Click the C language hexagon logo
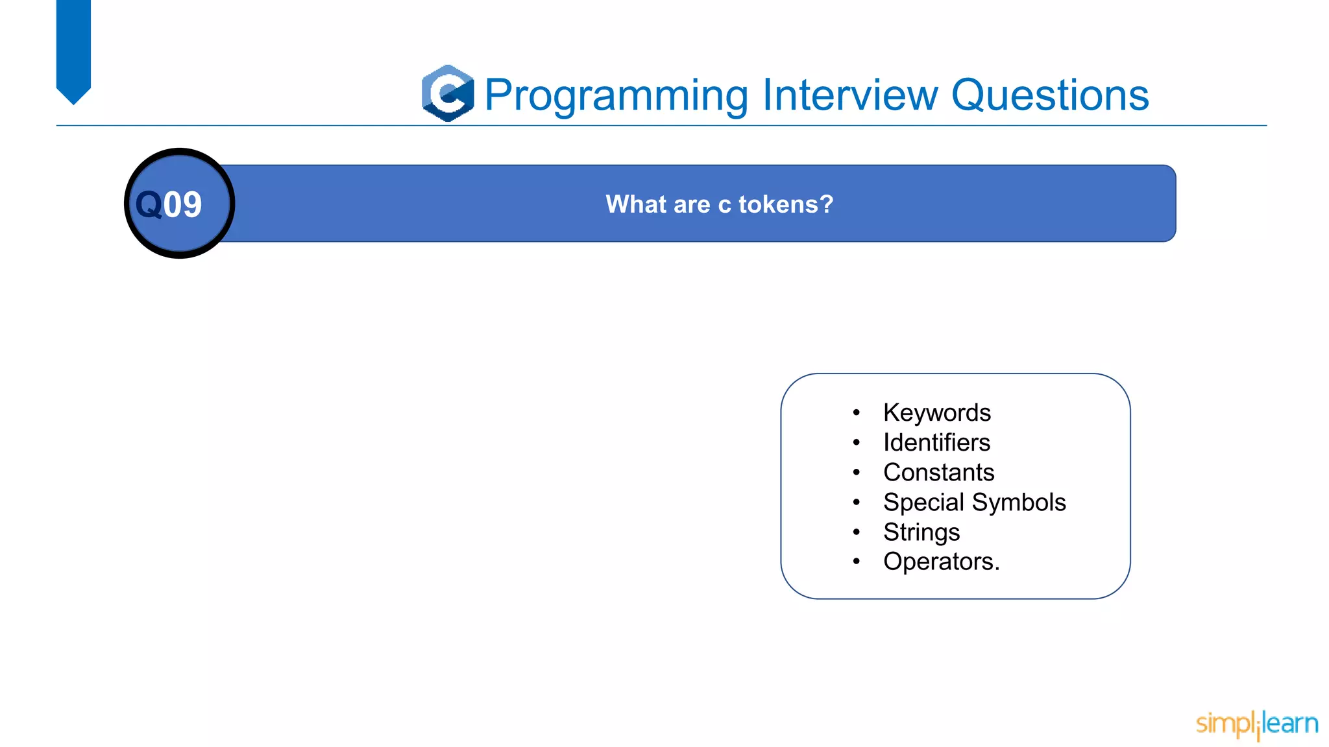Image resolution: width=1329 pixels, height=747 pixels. click(448, 93)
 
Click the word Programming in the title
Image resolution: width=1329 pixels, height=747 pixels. click(616, 96)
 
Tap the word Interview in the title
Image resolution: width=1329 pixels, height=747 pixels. click(850, 95)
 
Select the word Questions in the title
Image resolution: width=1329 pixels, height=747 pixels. click(1049, 95)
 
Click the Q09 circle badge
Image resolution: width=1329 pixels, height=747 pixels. click(179, 204)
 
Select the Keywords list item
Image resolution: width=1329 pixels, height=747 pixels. click(936, 413)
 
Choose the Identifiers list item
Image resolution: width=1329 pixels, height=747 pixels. click(936, 443)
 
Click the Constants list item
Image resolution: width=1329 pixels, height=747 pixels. click(938, 473)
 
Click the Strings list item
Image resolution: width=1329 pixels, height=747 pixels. click(921, 532)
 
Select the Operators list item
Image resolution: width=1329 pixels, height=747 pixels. click(940, 562)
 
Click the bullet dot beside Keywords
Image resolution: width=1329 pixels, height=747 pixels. click(857, 412)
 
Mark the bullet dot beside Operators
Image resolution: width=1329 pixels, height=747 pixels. click(857, 562)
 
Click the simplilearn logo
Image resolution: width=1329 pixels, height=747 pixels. click(1256, 724)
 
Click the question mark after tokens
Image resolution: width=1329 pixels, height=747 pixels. click(827, 204)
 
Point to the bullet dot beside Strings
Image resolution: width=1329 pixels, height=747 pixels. click(857, 532)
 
